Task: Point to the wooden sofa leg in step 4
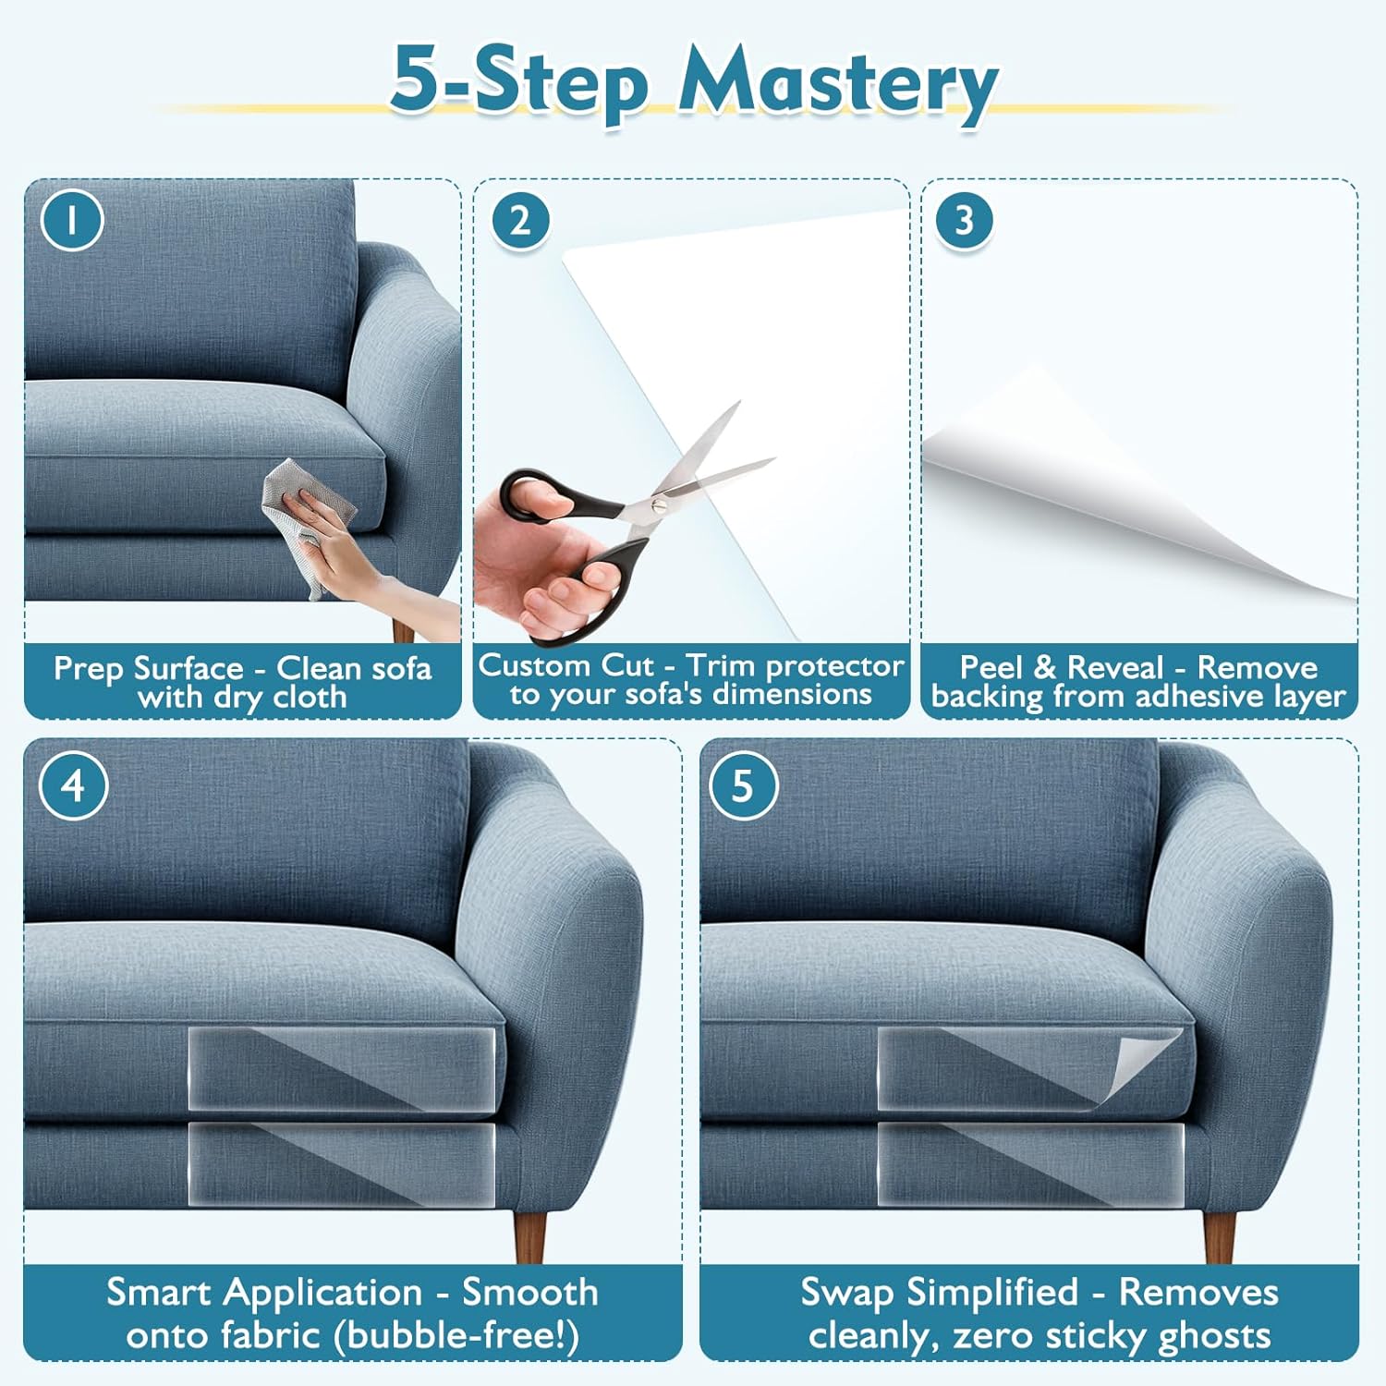(x=530, y=1235)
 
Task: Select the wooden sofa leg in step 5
(x=1219, y=1235)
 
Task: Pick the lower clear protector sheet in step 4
(x=342, y=1163)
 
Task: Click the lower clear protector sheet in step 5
(x=1030, y=1163)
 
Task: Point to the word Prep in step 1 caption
(x=89, y=669)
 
